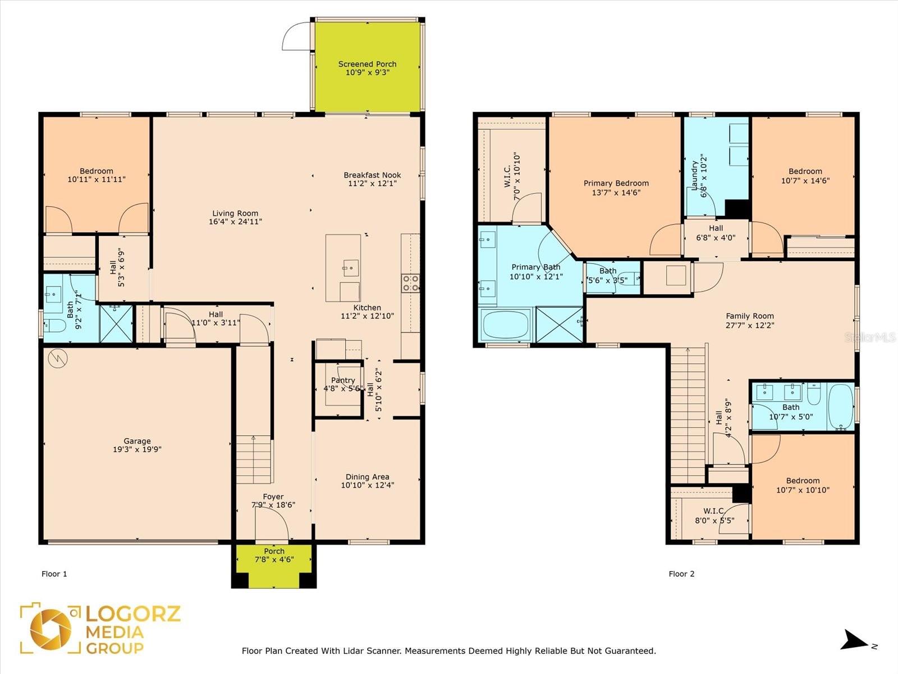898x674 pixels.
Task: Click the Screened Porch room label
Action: tap(367, 64)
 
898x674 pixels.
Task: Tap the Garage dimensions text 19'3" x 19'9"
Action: tap(137, 449)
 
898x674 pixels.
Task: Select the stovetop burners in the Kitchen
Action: tap(410, 283)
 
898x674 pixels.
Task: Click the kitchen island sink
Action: tap(351, 268)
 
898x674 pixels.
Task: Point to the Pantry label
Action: tap(343, 380)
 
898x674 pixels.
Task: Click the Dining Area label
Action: tap(368, 477)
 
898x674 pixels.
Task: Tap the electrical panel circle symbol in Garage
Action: tap(58, 358)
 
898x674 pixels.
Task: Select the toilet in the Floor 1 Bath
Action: tap(55, 326)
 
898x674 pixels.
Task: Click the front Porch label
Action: tap(274, 551)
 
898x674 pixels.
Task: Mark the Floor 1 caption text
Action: tap(54, 573)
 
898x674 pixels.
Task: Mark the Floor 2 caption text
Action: tap(681, 573)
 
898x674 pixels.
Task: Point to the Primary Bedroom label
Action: tap(616, 183)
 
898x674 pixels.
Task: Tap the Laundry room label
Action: tap(694, 175)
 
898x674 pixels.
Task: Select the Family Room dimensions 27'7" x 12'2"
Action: tap(750, 325)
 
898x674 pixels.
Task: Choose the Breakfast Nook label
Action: tap(372, 175)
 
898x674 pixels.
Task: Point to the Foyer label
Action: tap(273, 497)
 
